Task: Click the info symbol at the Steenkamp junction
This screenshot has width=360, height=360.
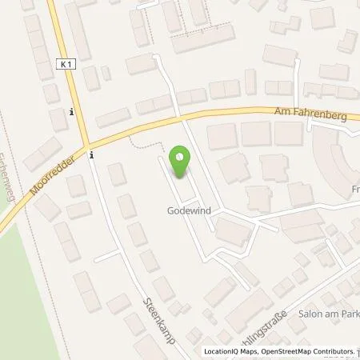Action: (x=93, y=155)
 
